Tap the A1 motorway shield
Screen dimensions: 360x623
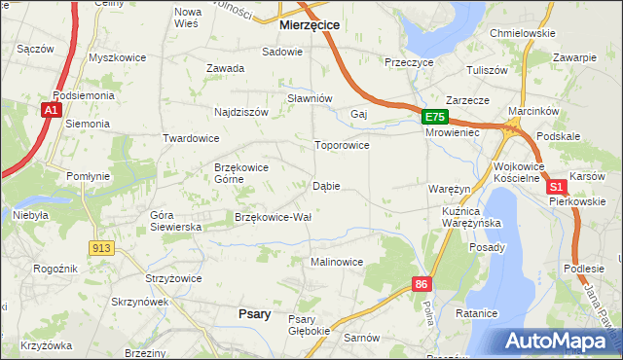coord(51,112)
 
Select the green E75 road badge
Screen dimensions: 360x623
coord(435,117)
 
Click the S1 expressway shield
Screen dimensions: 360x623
coord(556,186)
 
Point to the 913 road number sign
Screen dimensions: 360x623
coord(100,248)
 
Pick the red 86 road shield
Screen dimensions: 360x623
coord(421,284)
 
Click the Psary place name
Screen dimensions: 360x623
coord(254,313)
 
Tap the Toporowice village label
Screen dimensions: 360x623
coord(341,146)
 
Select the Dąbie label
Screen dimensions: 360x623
coord(326,186)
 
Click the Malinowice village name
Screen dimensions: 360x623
coord(337,262)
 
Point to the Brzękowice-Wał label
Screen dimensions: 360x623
coord(273,217)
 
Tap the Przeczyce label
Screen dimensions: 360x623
coord(409,60)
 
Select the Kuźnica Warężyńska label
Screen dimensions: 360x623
coord(470,217)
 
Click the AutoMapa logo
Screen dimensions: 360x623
coord(559,341)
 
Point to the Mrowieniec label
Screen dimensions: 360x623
coord(454,132)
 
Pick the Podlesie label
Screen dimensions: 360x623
coord(583,269)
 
